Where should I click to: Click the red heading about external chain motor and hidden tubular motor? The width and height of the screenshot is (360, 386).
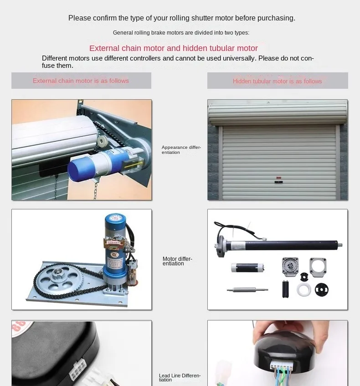point(173,48)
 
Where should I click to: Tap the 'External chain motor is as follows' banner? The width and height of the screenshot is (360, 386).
point(81,81)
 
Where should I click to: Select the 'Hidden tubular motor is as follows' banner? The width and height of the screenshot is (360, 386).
point(277,81)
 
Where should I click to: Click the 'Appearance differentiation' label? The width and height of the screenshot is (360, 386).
point(181,150)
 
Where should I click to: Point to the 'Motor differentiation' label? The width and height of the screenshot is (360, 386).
point(177,261)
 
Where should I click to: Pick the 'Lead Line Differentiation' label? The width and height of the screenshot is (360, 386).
point(180,378)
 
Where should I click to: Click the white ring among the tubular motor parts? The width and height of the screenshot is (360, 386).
point(303,290)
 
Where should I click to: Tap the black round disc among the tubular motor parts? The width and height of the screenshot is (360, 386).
point(322,289)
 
